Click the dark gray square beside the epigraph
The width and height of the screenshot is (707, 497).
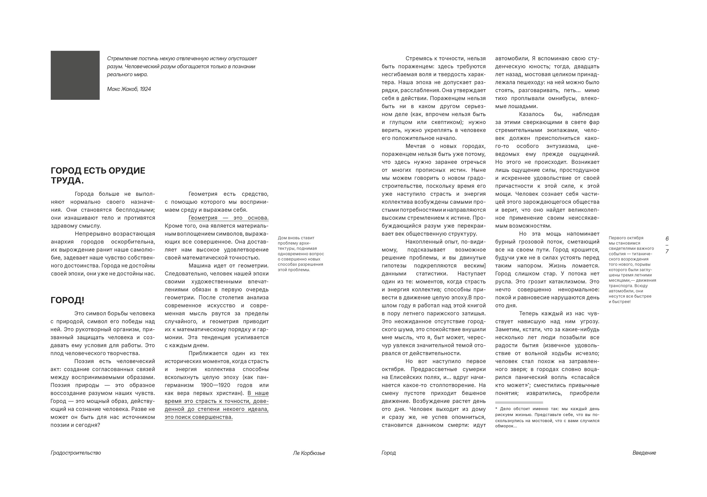(x=75, y=75)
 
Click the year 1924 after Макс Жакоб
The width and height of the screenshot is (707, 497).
(x=145, y=89)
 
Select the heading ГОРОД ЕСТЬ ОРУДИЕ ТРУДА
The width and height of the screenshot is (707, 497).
(x=98, y=175)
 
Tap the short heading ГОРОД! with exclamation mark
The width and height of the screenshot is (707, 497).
(x=67, y=300)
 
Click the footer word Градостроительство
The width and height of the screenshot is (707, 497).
(x=76, y=453)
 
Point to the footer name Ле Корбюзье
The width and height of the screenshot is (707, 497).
(x=309, y=453)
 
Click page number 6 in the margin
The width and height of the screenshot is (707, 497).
(x=667, y=239)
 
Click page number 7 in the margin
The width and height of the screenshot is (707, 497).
(x=667, y=251)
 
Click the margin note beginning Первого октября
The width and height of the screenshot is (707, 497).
(x=632, y=270)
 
